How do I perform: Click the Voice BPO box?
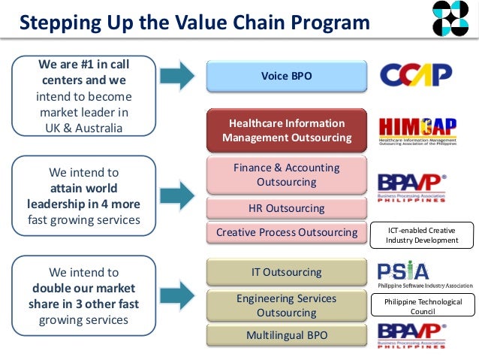click(286, 76)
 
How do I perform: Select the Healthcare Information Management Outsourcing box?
click(286, 130)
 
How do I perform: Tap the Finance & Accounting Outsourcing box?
click(286, 174)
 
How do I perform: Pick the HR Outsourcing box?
click(286, 208)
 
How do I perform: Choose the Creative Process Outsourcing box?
click(286, 232)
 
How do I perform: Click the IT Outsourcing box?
click(286, 271)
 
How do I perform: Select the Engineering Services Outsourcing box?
click(286, 305)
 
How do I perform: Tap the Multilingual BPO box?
click(286, 334)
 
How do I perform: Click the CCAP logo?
click(415, 74)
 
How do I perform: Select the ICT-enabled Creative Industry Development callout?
click(422, 234)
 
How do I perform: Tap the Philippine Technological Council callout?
click(422, 305)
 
